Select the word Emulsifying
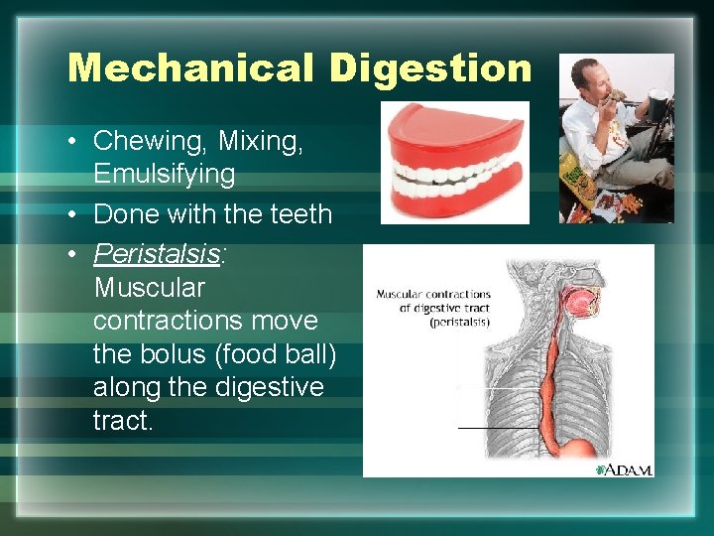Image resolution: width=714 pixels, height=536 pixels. pyautogui.click(x=165, y=175)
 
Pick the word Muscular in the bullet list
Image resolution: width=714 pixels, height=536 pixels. pyautogui.click(x=149, y=288)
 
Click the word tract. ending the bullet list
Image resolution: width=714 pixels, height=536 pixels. pyautogui.click(x=123, y=421)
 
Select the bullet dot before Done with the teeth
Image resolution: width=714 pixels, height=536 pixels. pyautogui.click(x=74, y=214)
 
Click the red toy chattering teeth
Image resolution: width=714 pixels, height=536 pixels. pyautogui.click(x=455, y=161)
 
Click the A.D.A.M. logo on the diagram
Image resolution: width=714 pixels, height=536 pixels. pyautogui.click(x=624, y=469)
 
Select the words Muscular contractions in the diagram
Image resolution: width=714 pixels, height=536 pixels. pyautogui.click(x=433, y=294)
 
